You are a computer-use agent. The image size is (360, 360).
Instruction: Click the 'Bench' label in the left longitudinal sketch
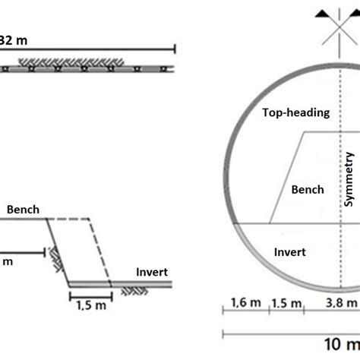click(x=23, y=209)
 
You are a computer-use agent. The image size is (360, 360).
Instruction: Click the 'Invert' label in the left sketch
click(x=151, y=272)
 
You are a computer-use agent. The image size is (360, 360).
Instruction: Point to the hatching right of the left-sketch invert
click(x=128, y=289)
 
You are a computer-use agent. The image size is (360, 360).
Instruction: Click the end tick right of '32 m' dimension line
click(x=176, y=50)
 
